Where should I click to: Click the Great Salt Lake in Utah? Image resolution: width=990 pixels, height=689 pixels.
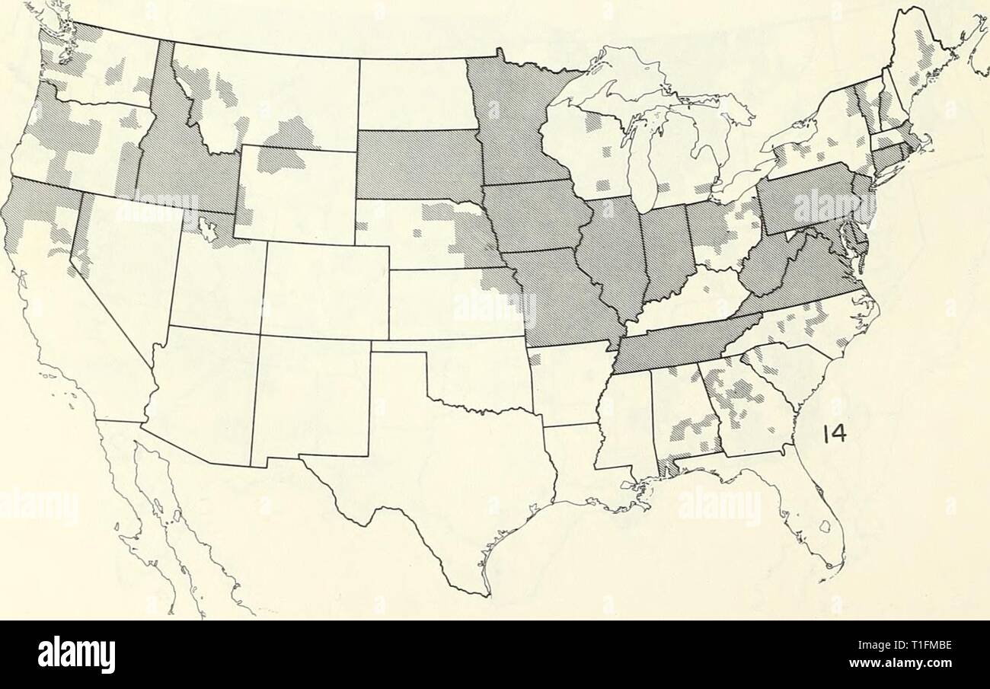click(x=204, y=226)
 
